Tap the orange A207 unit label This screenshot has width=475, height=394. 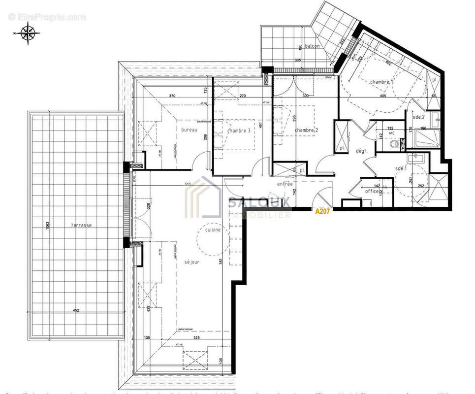[x=322, y=211]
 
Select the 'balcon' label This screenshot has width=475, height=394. [x=312, y=46]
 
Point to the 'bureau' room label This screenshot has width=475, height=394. [x=189, y=130]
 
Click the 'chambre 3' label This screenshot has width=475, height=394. [x=239, y=131]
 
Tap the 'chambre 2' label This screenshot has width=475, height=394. [x=306, y=130]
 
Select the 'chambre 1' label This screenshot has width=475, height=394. [x=381, y=82]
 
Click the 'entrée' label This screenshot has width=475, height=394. [x=285, y=184]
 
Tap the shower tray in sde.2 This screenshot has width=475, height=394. [x=427, y=138]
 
